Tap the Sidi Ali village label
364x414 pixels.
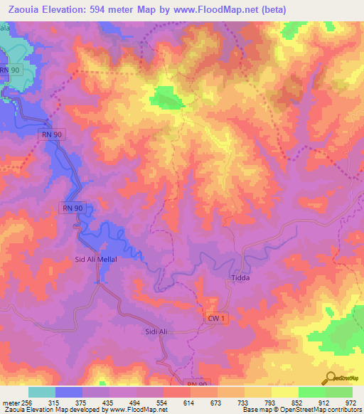point(156,332)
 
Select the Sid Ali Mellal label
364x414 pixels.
point(96,260)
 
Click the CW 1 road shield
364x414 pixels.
point(216,320)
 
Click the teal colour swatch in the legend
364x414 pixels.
point(42,392)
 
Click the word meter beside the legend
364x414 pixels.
point(9,403)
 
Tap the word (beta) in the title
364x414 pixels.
point(279,9)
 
